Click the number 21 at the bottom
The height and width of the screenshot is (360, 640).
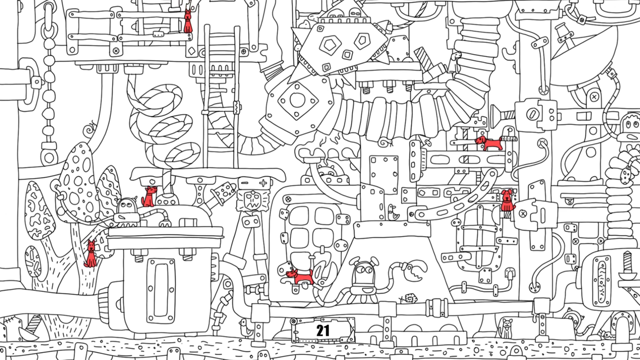click(x=323, y=330)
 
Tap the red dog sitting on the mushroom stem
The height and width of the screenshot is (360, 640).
click(x=91, y=254)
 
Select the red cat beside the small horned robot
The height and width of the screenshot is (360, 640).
click(x=148, y=196)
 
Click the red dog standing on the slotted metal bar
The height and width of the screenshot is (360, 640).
click(x=489, y=143)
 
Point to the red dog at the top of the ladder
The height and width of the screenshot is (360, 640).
click(x=187, y=21)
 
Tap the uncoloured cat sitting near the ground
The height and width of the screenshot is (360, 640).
click(x=505, y=328)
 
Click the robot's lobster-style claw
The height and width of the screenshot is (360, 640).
click(x=415, y=269)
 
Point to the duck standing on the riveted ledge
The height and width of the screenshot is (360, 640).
click(x=393, y=213)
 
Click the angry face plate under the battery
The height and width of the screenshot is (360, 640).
click(x=253, y=200)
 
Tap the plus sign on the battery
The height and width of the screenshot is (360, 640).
click(x=263, y=183)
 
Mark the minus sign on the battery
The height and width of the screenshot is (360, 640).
click(x=245, y=183)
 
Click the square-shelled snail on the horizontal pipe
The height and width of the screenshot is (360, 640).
click(x=408, y=299)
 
